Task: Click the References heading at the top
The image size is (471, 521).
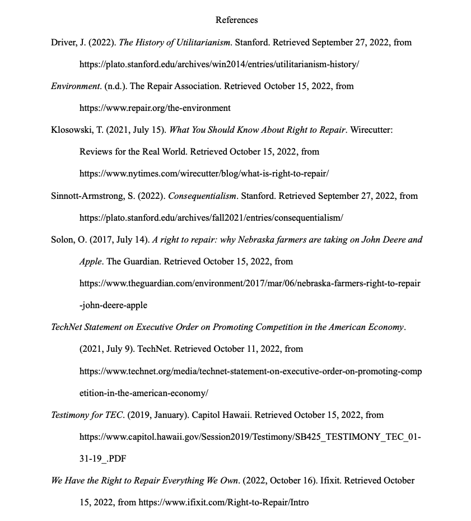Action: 236,20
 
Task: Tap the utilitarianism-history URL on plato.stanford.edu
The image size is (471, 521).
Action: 219,64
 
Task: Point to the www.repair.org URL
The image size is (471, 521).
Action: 155,108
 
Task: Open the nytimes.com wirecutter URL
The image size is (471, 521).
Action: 204,174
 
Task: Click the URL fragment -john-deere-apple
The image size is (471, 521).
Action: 113,305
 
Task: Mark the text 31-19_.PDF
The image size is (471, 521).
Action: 102,459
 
